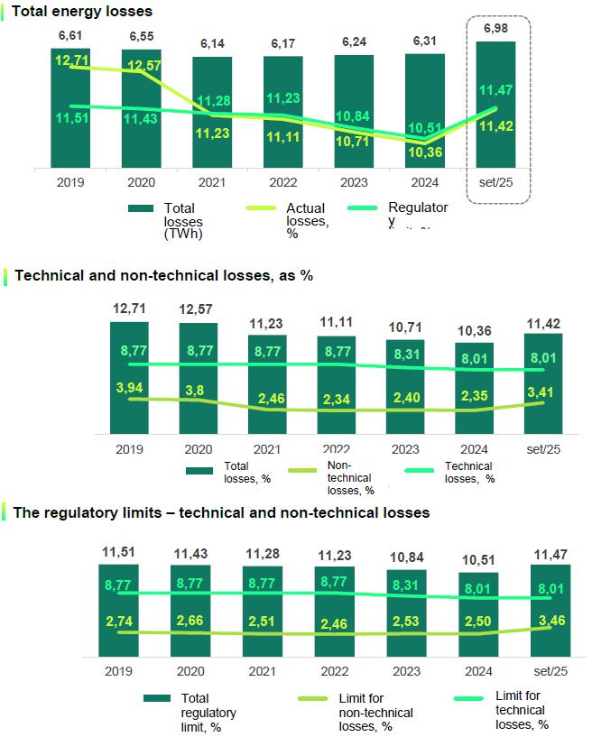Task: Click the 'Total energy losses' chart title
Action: coord(81,12)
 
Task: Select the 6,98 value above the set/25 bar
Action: coord(495,30)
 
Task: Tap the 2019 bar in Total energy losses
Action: coord(70,135)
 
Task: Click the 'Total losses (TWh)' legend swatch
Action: coord(140,208)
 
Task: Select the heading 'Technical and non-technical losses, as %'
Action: coord(163,275)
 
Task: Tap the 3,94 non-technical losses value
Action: coord(125,387)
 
